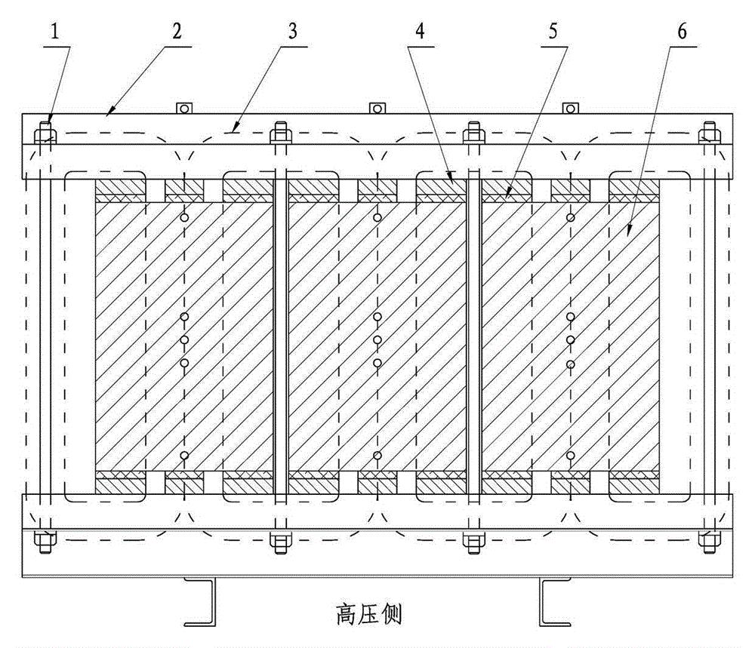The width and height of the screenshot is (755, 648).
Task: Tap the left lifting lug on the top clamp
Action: [182, 108]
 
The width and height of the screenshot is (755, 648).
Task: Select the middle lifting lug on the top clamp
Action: [374, 108]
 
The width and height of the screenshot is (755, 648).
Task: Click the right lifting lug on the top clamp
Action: [568, 108]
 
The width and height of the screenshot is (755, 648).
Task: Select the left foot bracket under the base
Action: [203, 600]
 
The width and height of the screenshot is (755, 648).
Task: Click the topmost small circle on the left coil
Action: [183, 217]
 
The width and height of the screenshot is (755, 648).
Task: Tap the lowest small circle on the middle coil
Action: [377, 456]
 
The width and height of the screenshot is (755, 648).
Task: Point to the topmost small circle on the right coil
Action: [571, 217]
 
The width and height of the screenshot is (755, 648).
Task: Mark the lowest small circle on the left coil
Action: [183, 456]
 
